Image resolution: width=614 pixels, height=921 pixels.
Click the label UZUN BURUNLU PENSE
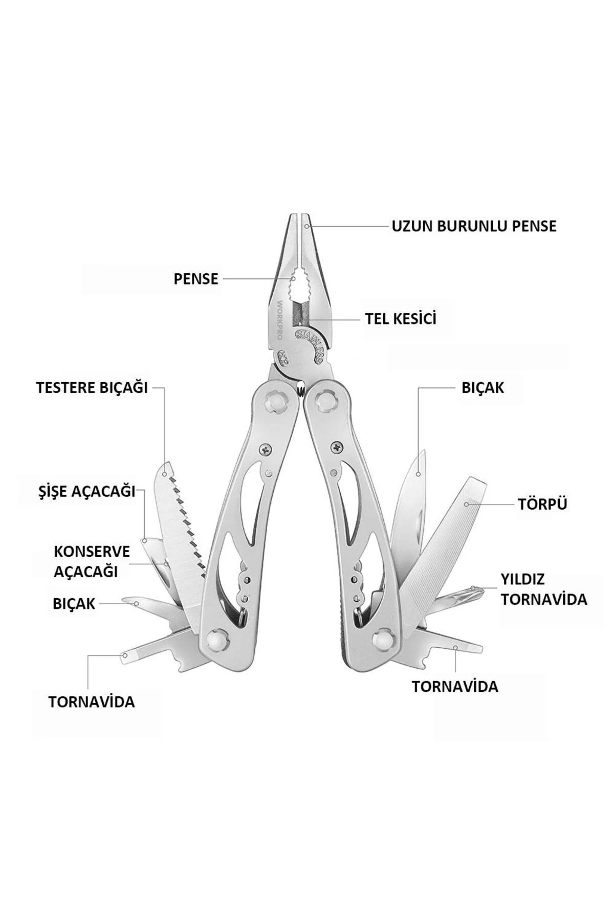point(474,226)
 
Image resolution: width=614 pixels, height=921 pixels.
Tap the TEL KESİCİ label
point(401,318)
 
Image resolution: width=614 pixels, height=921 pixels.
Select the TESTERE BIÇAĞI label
point(92,387)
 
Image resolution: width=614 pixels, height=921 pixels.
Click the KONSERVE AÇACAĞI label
point(92,561)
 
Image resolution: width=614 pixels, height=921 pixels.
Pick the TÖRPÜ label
point(542,504)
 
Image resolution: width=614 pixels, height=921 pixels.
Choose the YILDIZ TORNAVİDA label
point(543,589)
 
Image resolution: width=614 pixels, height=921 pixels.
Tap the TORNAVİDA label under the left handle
point(92,701)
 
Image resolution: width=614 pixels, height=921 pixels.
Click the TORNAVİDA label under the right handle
point(455,686)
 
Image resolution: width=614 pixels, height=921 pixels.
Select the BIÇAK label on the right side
point(483,387)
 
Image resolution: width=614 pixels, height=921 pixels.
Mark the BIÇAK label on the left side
point(74,604)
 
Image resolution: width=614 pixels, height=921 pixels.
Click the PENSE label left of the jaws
point(196,279)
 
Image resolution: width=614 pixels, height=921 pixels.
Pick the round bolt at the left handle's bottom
point(217,639)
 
